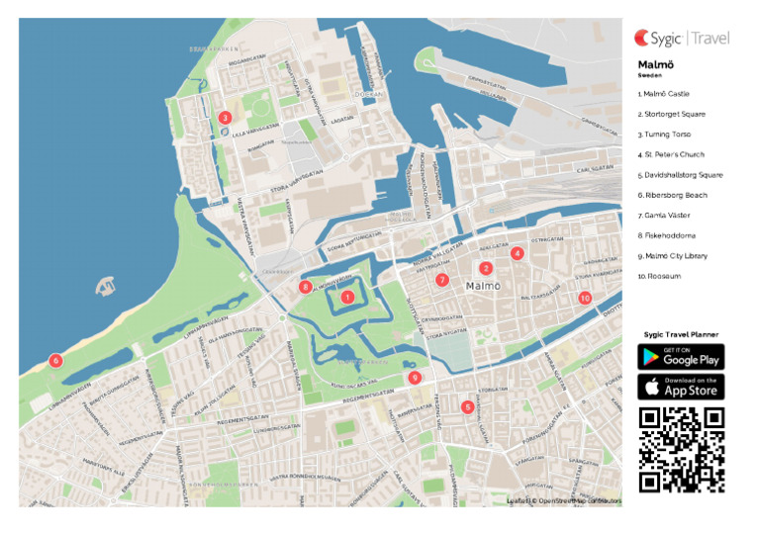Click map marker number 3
(226, 118)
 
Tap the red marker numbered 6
(55, 361)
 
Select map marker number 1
(346, 296)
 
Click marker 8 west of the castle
(306, 287)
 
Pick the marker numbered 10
(585, 297)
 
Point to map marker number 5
(467, 406)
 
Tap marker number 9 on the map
(415, 377)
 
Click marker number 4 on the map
(517, 253)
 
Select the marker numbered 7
(442, 280)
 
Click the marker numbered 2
(485, 268)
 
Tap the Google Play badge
(681, 356)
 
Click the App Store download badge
(681, 387)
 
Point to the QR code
(681, 449)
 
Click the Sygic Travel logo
(682, 39)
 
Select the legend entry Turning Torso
(664, 134)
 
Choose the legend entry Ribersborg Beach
(672, 195)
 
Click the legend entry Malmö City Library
(674, 256)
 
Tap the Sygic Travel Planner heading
(681, 335)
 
